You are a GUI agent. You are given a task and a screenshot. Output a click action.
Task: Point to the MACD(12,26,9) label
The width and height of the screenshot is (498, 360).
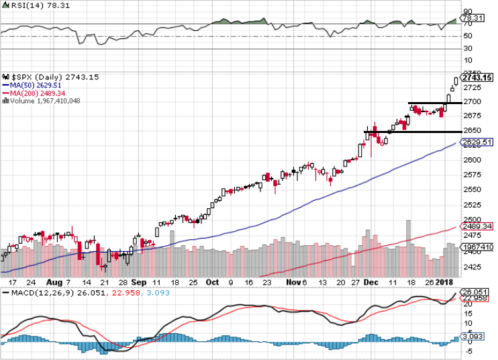34,294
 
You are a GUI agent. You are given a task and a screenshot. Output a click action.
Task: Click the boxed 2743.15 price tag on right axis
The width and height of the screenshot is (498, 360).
478,78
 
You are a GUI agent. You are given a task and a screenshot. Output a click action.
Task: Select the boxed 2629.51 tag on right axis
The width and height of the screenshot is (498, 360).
478,142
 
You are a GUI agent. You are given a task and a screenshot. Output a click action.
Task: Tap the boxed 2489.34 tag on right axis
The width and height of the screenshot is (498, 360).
478,226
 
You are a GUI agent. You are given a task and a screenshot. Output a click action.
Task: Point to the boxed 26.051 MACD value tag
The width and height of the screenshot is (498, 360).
477,292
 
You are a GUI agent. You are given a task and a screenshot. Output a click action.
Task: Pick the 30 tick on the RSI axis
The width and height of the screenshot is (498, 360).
467,49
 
